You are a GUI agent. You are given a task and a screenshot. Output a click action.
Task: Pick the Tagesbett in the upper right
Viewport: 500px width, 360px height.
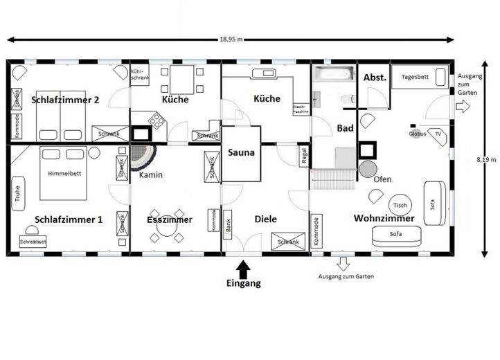(x=420, y=77)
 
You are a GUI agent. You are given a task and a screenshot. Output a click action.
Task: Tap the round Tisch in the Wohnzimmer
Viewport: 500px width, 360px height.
(x=400, y=206)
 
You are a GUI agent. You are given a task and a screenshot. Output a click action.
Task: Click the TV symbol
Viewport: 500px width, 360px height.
(x=437, y=134)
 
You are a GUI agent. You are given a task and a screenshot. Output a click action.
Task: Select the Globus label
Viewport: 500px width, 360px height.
(x=417, y=134)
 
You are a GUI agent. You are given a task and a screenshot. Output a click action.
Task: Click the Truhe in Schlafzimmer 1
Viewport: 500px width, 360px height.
(x=17, y=194)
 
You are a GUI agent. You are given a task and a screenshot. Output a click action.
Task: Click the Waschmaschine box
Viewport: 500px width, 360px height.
(x=301, y=108)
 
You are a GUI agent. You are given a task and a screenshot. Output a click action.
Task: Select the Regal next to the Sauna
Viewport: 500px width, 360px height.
(x=303, y=156)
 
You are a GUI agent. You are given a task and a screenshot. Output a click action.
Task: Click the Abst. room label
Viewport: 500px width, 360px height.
(x=375, y=78)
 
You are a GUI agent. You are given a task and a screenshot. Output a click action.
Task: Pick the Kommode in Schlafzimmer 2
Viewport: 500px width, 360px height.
(x=17, y=125)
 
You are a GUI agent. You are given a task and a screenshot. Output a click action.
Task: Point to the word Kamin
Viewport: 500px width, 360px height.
(x=150, y=175)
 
